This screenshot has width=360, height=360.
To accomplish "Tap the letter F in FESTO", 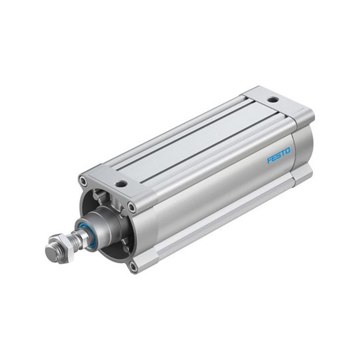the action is [269, 160].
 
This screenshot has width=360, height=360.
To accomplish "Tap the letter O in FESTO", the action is [288, 151].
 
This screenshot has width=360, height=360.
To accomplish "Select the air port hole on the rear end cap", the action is [273, 99].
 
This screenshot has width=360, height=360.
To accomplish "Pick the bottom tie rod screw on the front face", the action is [133, 266].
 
